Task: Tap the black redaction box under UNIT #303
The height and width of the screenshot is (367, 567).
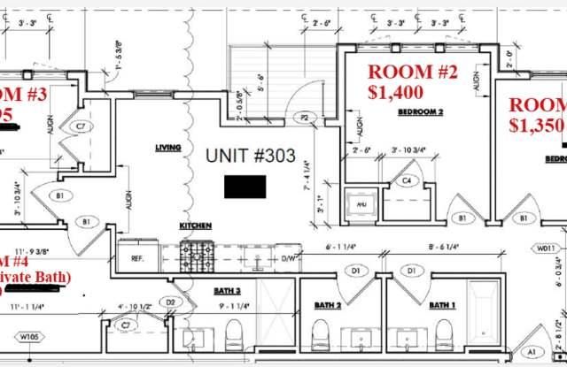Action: [245, 187]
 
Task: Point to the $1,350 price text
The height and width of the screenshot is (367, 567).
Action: [537, 125]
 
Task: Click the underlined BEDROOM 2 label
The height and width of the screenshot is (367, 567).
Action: [420, 112]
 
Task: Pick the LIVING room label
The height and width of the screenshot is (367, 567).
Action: [167, 148]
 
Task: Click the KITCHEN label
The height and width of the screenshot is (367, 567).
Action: [196, 226]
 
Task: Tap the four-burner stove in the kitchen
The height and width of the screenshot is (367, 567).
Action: [197, 256]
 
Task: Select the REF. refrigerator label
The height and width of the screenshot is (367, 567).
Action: [136, 259]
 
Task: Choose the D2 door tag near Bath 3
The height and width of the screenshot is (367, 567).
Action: [169, 302]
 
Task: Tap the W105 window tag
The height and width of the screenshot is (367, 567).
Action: [31, 335]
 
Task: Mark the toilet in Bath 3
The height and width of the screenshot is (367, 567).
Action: [234, 335]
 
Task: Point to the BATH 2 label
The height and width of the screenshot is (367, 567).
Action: [328, 306]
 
